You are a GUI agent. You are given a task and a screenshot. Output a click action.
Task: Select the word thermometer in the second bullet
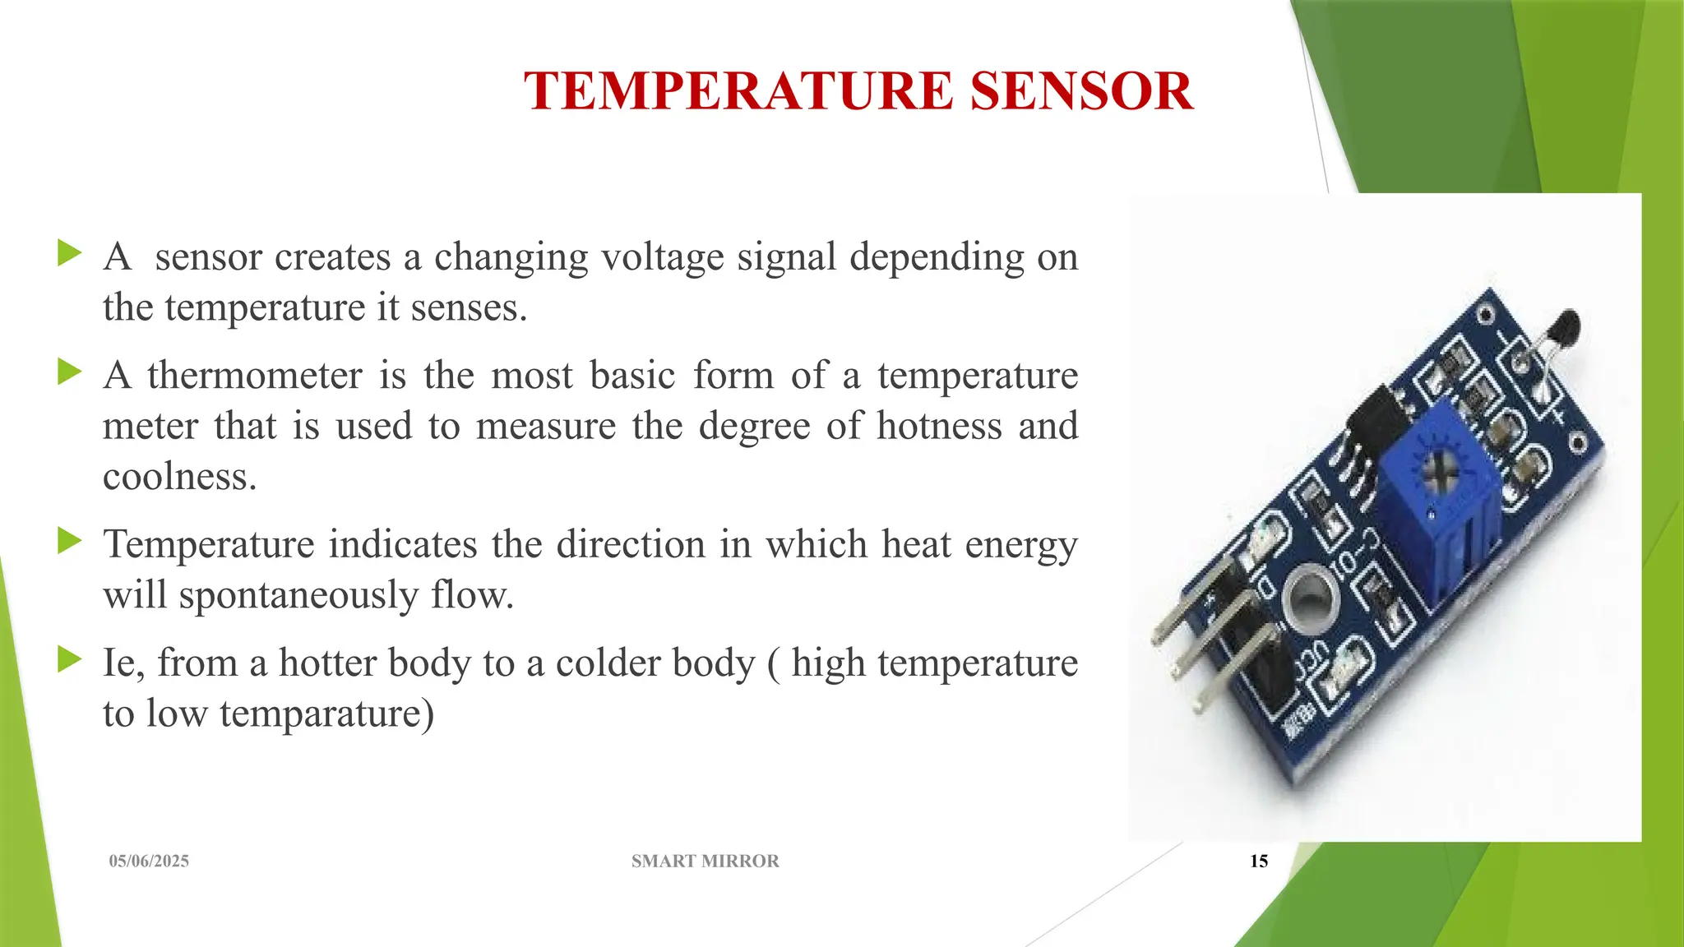pyautogui.click(x=255, y=376)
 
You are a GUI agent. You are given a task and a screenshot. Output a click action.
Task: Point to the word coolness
pyautogui.click(x=179, y=477)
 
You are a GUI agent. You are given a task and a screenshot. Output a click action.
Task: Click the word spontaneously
pyautogui.click(x=298, y=595)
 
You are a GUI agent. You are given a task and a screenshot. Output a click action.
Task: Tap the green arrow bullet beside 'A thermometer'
pyautogui.click(x=70, y=372)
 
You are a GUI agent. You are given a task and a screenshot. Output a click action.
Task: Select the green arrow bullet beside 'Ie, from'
pyautogui.click(x=70, y=659)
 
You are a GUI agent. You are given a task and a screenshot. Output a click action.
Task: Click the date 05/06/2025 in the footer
pyautogui.click(x=149, y=861)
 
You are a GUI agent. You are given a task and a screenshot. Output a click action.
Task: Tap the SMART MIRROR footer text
pyautogui.click(x=705, y=861)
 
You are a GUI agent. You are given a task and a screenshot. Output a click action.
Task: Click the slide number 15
pyautogui.click(x=1259, y=861)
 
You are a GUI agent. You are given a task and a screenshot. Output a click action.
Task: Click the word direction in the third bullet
pyautogui.click(x=631, y=545)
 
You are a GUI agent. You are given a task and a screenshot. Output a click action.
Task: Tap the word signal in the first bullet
pyautogui.click(x=786, y=256)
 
